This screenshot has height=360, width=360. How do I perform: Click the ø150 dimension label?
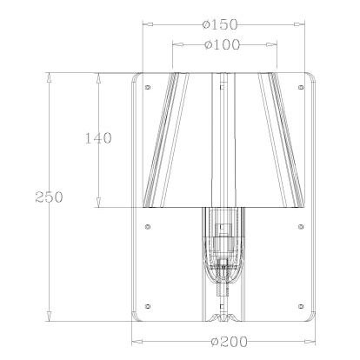point(220,24)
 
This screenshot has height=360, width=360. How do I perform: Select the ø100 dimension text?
point(223,44)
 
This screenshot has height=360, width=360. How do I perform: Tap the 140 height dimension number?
point(98,138)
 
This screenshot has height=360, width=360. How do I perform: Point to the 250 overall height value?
point(49,197)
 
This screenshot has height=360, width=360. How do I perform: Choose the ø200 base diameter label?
point(230,342)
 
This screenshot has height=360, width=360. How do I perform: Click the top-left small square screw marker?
point(148,87)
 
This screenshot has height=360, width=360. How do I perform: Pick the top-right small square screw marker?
point(301,87)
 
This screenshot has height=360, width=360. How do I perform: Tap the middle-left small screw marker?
point(148,226)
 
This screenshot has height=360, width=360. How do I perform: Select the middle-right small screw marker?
point(301,226)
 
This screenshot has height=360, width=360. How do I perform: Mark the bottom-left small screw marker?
point(148,306)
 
